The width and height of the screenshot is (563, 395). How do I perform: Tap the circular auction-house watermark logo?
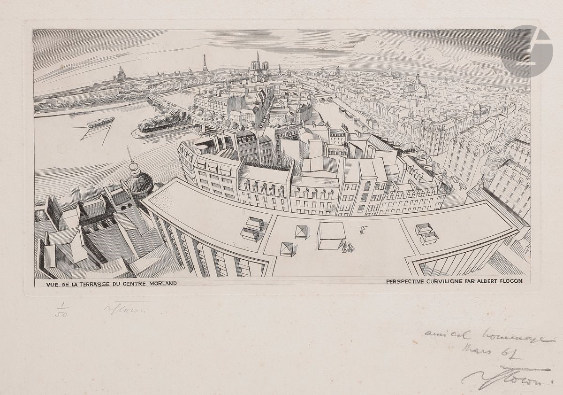(525, 52)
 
